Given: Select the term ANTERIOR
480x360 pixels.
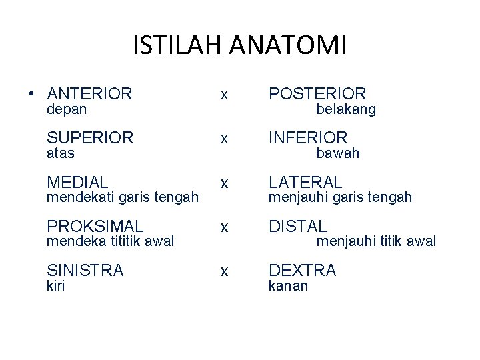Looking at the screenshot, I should click(x=90, y=94).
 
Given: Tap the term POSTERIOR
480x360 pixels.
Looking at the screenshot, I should click(x=317, y=94).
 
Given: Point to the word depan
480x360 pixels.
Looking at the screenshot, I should click(x=67, y=109).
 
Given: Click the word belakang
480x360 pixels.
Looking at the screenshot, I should click(x=346, y=109).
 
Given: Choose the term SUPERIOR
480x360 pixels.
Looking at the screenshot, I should click(x=90, y=138).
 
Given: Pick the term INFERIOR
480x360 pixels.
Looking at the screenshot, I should click(x=308, y=138).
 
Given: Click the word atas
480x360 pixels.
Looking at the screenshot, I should click(x=61, y=153).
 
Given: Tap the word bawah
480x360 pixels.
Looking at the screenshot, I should click(x=337, y=153).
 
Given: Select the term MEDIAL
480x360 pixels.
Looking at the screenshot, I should click(x=77, y=182).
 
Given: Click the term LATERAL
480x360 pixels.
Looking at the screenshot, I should click(x=305, y=182).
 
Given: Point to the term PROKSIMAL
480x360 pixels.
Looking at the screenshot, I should click(x=95, y=226).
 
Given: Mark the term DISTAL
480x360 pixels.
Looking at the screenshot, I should click(x=297, y=226).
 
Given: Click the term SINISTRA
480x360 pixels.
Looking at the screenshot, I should click(x=85, y=270).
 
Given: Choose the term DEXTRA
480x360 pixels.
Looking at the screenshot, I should click(x=302, y=270).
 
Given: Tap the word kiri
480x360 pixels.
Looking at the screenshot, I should click(x=56, y=285).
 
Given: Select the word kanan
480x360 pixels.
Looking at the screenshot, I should click(x=288, y=286).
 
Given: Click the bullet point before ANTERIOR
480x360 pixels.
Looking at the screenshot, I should click(x=31, y=94).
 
